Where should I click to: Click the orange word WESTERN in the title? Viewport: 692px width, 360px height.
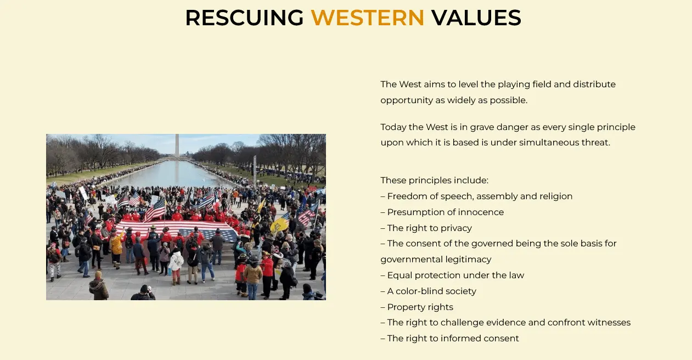pyautogui.click(x=367, y=18)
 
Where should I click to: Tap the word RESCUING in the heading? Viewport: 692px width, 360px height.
pyautogui.click(x=244, y=18)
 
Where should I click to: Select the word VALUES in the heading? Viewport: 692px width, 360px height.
pyautogui.click(x=476, y=18)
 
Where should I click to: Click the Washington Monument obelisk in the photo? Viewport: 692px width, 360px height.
pyautogui.click(x=177, y=146)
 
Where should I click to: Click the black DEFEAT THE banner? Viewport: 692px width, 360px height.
pyautogui.click(x=137, y=210)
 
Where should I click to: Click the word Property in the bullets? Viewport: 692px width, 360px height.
pyautogui.click(x=404, y=307)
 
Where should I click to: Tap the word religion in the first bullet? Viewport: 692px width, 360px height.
pyautogui.click(x=556, y=196)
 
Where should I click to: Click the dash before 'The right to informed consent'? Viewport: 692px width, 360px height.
pyautogui.click(x=383, y=339)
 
